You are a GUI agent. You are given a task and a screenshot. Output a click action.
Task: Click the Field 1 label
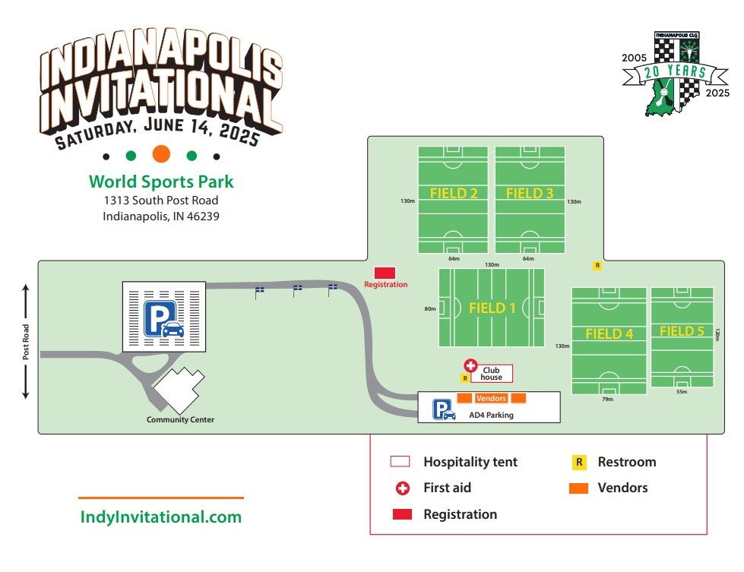point(492,308)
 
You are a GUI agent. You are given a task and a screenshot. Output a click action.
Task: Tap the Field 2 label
point(454,193)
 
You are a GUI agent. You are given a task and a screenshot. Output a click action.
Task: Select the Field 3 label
point(530,193)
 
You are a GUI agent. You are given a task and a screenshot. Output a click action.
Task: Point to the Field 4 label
point(609,333)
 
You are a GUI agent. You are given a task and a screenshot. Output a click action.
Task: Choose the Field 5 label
point(682,331)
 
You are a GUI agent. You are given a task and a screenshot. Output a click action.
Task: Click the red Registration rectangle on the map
point(385,273)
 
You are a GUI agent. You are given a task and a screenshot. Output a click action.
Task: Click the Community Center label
point(181,419)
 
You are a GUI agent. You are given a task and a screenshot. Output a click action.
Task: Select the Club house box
point(491,374)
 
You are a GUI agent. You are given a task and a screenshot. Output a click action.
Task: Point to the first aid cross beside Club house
point(470,366)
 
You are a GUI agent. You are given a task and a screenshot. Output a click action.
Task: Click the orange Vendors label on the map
point(491,399)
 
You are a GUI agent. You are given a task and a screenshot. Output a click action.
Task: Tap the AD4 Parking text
point(491,415)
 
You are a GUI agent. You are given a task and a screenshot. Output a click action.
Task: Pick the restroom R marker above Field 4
point(597,266)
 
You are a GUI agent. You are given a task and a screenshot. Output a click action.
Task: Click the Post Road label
point(26,342)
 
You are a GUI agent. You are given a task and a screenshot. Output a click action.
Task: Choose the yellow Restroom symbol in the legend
point(579,462)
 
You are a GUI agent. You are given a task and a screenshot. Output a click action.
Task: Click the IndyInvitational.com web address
point(161,517)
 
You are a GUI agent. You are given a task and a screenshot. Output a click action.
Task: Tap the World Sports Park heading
point(161,182)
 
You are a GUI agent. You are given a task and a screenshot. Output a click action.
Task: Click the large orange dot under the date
point(161,154)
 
